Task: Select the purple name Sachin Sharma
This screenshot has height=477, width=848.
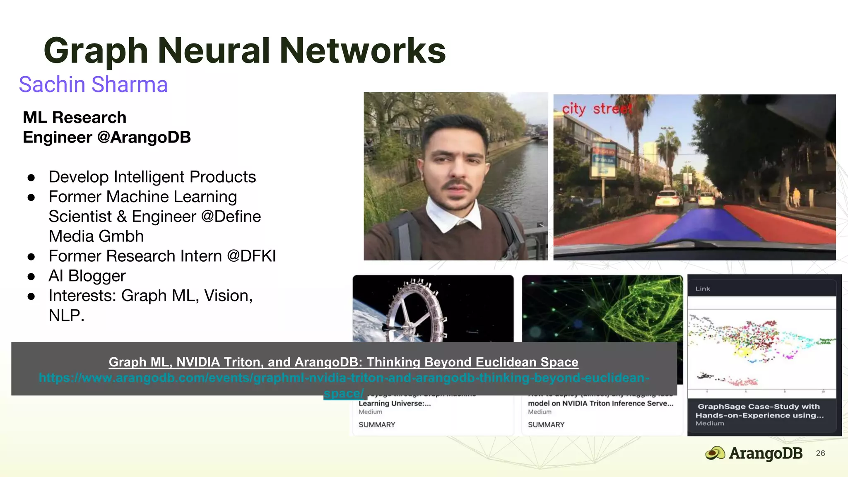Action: click(x=93, y=84)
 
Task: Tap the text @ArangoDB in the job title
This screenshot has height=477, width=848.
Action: click(x=144, y=137)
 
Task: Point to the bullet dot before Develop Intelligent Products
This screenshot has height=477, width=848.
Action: click(x=31, y=178)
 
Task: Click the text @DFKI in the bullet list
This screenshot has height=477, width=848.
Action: click(x=251, y=256)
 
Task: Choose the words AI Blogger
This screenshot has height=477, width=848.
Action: click(x=87, y=276)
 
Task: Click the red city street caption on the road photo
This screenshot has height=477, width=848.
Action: click(x=597, y=109)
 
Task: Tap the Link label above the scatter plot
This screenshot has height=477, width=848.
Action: click(x=703, y=289)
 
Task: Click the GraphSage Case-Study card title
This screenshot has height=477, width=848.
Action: click(x=759, y=411)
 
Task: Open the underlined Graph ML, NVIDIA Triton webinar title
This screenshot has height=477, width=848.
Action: click(x=343, y=362)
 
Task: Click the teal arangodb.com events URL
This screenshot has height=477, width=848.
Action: click(x=343, y=378)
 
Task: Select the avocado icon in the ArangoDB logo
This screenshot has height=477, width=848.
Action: click(x=715, y=453)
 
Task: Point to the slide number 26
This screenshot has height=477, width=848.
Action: click(x=820, y=453)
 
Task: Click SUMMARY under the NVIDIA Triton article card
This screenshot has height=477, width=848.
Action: click(x=546, y=425)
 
